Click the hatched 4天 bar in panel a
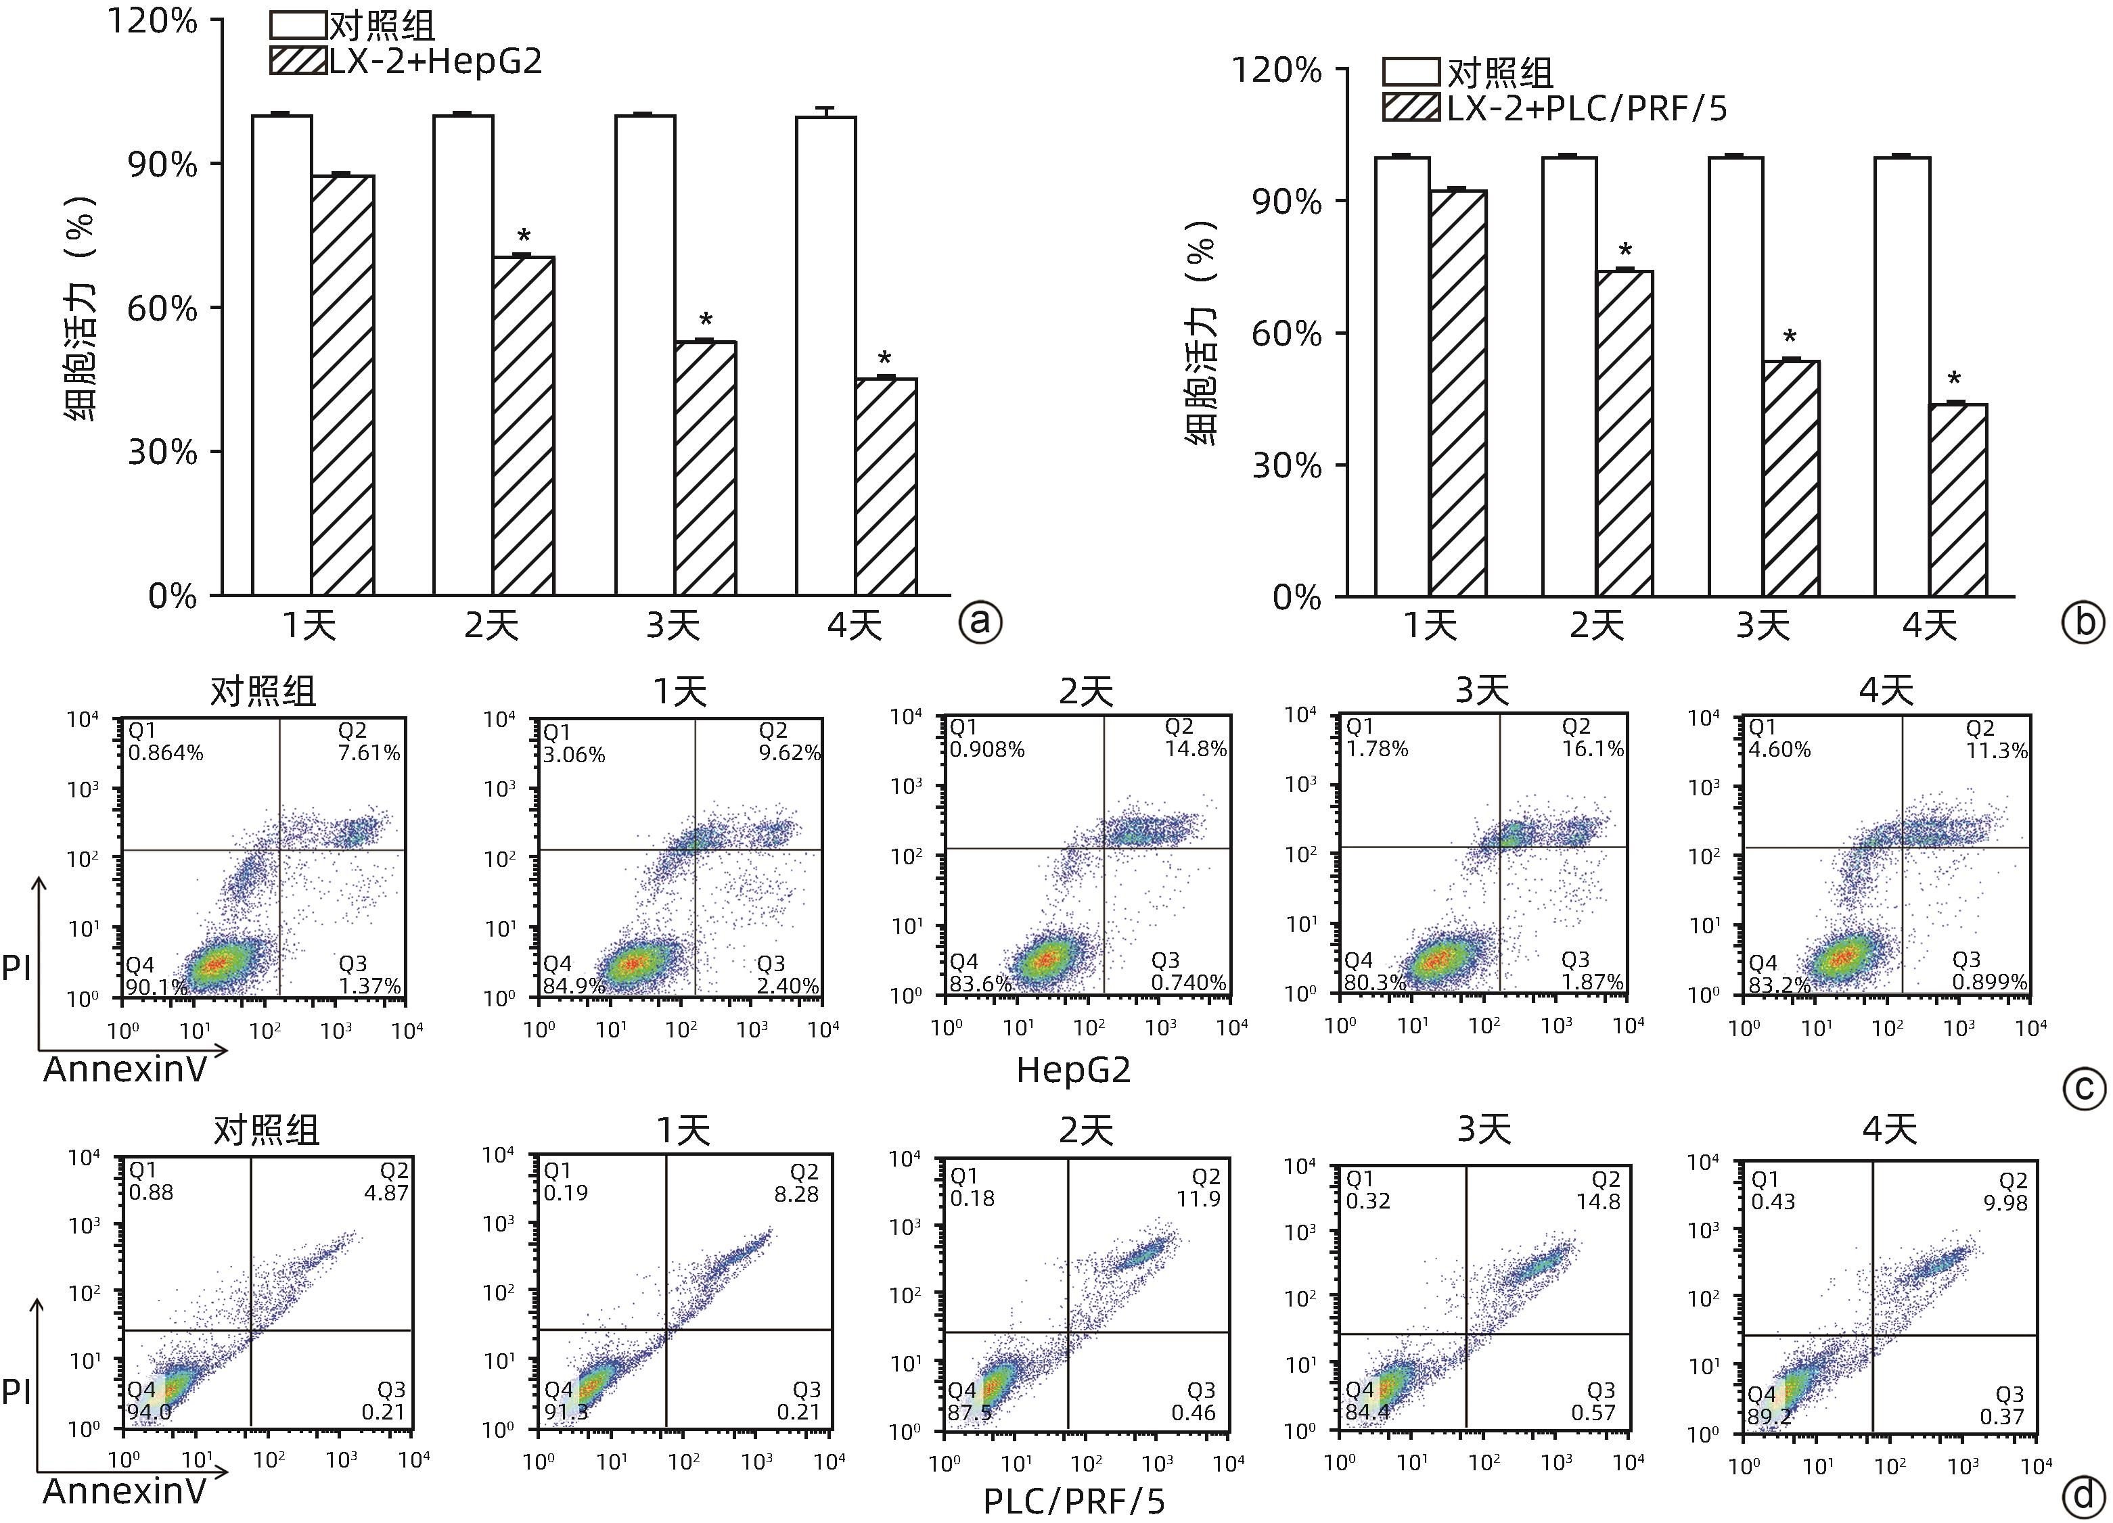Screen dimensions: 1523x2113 pyautogui.click(x=886, y=486)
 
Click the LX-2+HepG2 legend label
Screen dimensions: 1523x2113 pyautogui.click(x=435, y=62)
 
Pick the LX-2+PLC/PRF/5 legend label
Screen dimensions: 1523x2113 pyautogui.click(x=1587, y=109)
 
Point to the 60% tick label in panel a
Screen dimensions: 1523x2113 pyautogui.click(x=162, y=308)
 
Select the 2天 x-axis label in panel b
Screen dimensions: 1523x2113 pyautogui.click(x=1596, y=625)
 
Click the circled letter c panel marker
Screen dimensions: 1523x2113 pyautogui.click(x=2083, y=1089)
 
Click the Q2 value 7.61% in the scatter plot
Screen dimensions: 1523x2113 pyautogui.click(x=369, y=753)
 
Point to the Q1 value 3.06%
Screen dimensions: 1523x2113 pyautogui.click(x=574, y=755)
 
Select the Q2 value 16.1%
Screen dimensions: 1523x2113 pyautogui.click(x=1593, y=748)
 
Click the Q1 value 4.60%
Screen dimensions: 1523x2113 pyautogui.click(x=1779, y=749)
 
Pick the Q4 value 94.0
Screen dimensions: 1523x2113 pyautogui.click(x=149, y=1412)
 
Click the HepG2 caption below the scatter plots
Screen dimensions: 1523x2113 pyautogui.click(x=1073, y=1069)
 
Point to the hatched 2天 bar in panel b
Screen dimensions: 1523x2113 pyautogui.click(x=1624, y=433)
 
